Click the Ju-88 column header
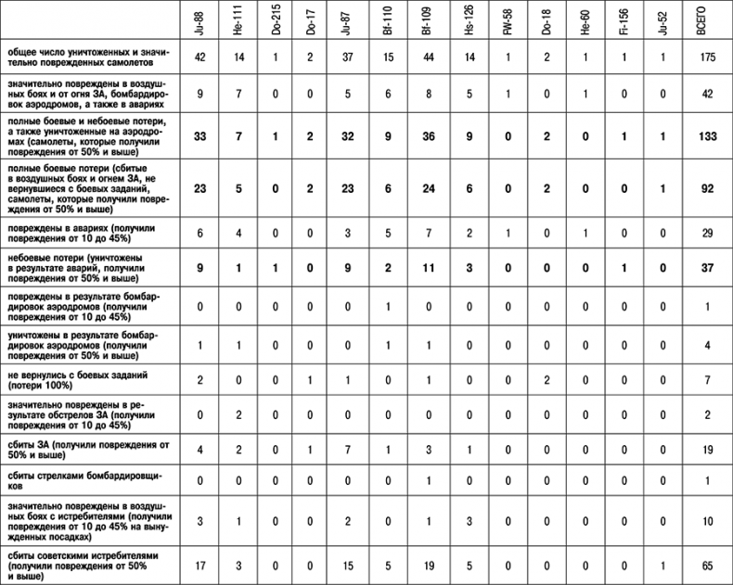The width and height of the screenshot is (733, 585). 199,21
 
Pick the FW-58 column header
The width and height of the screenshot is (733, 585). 508,21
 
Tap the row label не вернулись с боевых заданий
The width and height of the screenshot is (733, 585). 84,379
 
